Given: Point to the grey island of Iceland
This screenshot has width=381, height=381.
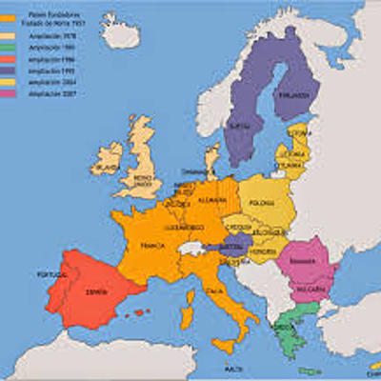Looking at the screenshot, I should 120,36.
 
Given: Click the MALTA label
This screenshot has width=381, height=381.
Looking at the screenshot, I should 230,368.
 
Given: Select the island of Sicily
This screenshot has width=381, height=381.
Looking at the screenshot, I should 225,341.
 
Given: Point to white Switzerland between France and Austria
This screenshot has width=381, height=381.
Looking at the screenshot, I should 191,249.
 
